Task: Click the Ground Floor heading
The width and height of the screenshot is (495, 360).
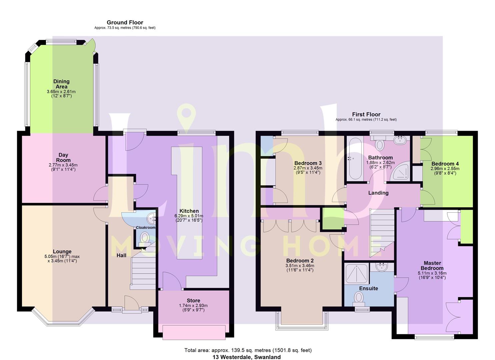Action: [125, 22]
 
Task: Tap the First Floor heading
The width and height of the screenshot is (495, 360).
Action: [366, 114]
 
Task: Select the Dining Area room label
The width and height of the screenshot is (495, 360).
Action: [61, 84]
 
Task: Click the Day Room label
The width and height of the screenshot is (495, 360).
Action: [63, 157]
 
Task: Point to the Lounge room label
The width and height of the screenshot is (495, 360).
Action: [62, 251]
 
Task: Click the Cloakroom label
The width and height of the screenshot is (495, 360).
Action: [145, 227]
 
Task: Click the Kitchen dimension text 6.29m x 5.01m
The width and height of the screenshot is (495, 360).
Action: [189, 216]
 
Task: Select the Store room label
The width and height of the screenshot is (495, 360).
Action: [193, 300]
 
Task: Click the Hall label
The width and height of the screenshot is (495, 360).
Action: [121, 255]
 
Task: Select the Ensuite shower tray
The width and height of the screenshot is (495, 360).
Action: [357, 274]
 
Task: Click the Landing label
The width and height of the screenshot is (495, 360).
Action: [378, 193]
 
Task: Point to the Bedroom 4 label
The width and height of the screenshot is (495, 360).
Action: [445, 164]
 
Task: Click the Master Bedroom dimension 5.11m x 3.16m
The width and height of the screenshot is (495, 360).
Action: [432, 273]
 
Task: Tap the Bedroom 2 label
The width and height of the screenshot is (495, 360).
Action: [300, 261]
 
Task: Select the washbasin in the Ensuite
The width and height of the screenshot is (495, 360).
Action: [382, 267]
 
